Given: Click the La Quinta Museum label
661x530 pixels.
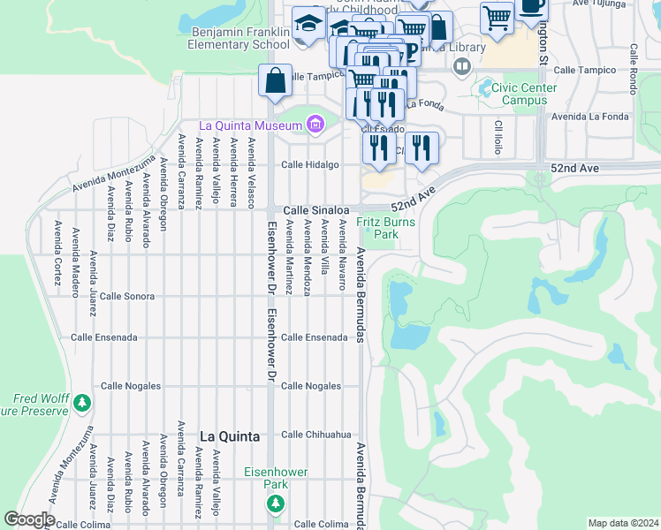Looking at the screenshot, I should (251, 125).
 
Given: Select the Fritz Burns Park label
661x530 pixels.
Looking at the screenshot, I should (386, 229).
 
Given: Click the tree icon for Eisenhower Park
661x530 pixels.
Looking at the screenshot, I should (275, 503).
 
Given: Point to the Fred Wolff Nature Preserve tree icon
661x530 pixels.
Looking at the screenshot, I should (82, 404).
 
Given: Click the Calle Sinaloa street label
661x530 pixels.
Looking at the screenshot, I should (313, 210).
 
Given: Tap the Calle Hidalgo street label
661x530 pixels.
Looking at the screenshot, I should (310, 165).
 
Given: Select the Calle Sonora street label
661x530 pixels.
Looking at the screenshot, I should (129, 297).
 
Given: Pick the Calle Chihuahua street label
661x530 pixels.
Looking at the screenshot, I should (316, 435).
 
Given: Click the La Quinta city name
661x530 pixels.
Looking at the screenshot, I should (230, 436).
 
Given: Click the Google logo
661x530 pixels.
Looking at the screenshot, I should (29, 519).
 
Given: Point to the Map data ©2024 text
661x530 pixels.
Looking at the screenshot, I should (624, 523).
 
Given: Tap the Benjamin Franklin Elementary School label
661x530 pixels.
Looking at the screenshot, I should (240, 37).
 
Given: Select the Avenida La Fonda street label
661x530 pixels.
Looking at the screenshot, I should (589, 117).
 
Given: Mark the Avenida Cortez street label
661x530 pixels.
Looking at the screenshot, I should (57, 246).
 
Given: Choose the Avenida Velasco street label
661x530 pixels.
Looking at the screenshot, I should (252, 172).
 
